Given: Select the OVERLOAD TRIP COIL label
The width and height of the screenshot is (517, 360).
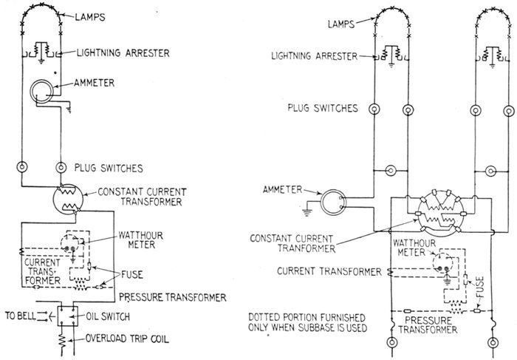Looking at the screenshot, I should (117, 342).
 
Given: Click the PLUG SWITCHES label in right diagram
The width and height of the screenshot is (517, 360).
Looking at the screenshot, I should (323, 109).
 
